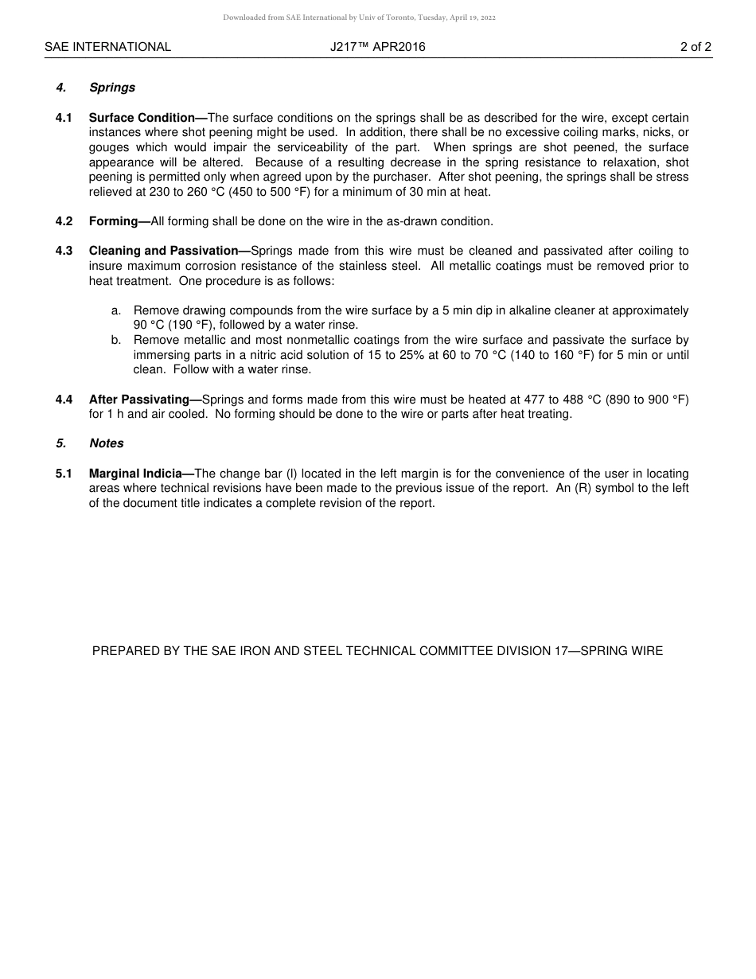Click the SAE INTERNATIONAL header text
pos(107,47)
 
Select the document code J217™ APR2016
pos(378,47)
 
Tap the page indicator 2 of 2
pos(696,47)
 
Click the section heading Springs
pos(112,88)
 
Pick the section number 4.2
pos(64,221)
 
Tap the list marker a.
pos(116,310)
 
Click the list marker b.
pos(116,340)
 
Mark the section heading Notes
pos(107,443)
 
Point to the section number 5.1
pos(64,474)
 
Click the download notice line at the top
pos(359,18)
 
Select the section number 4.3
pos(64,251)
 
